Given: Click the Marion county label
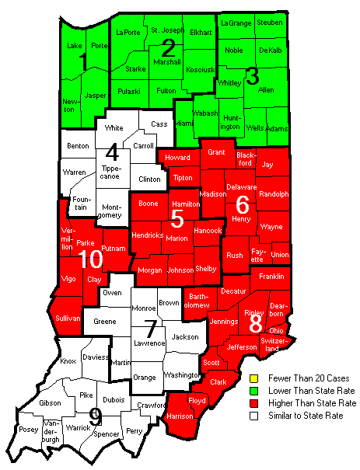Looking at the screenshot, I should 177,238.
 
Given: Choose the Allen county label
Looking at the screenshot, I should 266,91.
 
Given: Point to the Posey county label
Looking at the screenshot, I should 28,430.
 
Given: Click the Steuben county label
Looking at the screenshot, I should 269,23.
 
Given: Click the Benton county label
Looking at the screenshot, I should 78,145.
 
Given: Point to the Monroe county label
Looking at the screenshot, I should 144,308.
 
